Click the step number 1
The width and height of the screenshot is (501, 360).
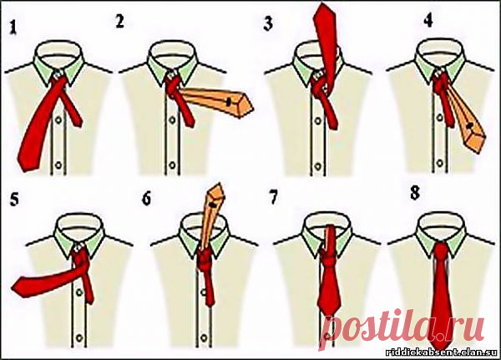click(x=13, y=28)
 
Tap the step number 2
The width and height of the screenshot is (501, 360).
click(x=119, y=22)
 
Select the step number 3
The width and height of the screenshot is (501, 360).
click(x=268, y=24)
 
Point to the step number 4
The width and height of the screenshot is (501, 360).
click(x=428, y=21)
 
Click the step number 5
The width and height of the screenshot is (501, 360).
click(x=14, y=200)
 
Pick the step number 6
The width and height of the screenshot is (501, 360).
click(x=146, y=199)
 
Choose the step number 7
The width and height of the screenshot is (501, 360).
click(x=274, y=198)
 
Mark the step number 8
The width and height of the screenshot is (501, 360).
click(x=415, y=193)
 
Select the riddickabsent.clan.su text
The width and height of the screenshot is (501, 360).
click(x=442, y=352)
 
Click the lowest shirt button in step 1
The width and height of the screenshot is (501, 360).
click(x=58, y=165)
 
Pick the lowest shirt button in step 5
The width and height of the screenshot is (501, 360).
click(x=79, y=337)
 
